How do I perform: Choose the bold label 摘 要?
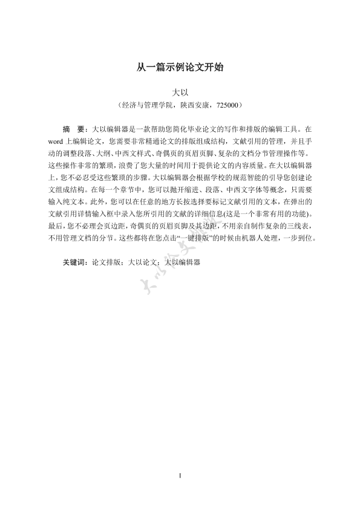(76, 129)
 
